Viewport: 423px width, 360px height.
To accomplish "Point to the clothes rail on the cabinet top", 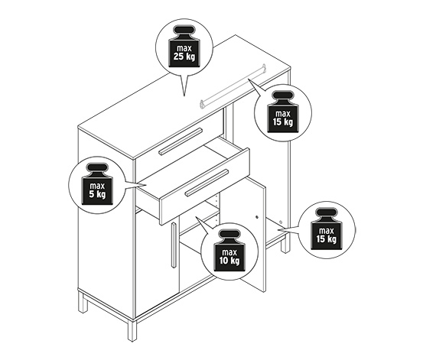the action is click(x=233, y=86).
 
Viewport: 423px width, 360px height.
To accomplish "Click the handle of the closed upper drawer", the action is click(x=181, y=141).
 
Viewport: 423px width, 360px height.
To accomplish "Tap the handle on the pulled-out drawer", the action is click(x=207, y=182).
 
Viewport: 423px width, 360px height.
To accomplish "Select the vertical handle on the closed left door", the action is click(x=174, y=245).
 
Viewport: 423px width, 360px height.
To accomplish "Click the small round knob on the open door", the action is click(x=257, y=216).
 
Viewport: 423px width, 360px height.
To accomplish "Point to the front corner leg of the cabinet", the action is click(x=132, y=330).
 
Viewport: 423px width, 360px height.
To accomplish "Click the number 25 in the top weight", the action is click(x=178, y=57).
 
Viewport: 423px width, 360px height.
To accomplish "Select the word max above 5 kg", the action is click(x=97, y=186).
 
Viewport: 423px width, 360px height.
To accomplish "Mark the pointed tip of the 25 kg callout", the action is click(x=184, y=96).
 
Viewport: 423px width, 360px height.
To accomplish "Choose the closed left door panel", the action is click(x=157, y=264).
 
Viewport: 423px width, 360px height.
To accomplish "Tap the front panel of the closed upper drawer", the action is click(x=180, y=144).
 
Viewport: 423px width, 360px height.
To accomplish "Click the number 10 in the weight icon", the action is click(x=223, y=261).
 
